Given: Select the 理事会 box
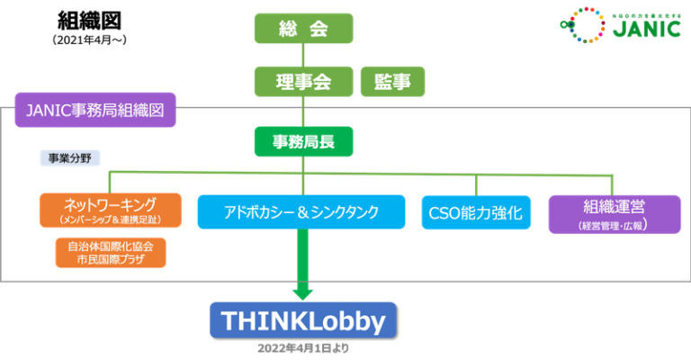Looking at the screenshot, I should pyautogui.click(x=303, y=82).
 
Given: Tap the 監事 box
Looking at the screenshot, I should pyautogui.click(x=392, y=82).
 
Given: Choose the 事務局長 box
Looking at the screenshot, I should pyautogui.click(x=303, y=140).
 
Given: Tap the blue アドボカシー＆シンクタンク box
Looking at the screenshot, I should pyautogui.click(x=301, y=212).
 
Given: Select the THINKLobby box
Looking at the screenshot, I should pyautogui.click(x=301, y=320).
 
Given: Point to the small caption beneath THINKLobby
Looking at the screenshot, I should pyautogui.click(x=303, y=347).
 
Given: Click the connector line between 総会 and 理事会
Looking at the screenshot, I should pyautogui.click(x=303, y=54).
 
